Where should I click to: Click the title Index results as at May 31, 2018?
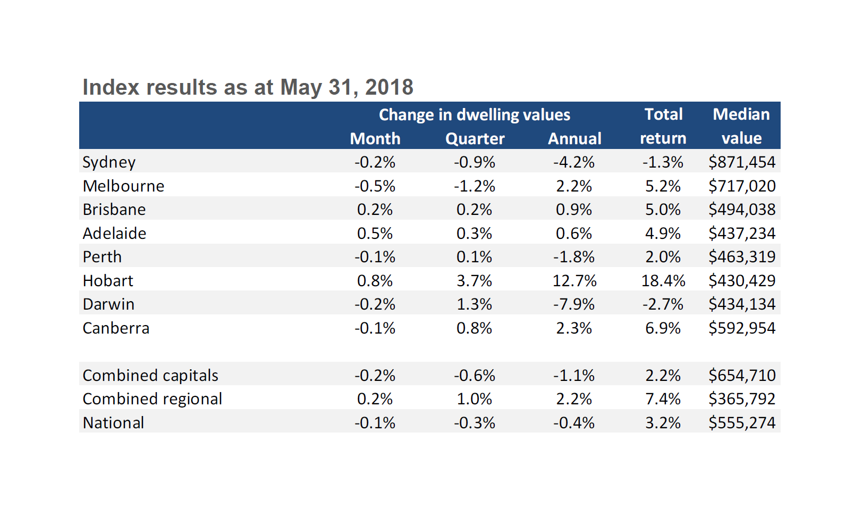[x=248, y=87]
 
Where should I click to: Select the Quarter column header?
[x=475, y=138]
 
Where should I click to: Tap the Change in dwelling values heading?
[x=474, y=115]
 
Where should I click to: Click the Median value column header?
[x=741, y=126]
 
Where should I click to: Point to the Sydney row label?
[x=109, y=162]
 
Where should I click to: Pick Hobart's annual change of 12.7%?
[x=574, y=280]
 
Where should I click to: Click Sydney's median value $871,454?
[x=741, y=162]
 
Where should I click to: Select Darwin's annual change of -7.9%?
[x=574, y=304]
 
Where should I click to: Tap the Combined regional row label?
[x=153, y=399]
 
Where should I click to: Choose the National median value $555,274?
[x=741, y=423]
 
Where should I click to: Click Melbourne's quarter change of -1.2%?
[x=474, y=186]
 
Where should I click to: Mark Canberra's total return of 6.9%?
[x=663, y=328]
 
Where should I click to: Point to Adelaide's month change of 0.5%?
[x=375, y=234]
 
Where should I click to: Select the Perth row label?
[x=102, y=257]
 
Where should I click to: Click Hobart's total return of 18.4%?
[x=663, y=280]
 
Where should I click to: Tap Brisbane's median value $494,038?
[x=741, y=210]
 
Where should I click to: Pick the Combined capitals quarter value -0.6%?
[x=474, y=376]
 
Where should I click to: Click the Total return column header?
[x=663, y=126]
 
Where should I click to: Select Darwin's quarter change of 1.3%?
[x=474, y=304]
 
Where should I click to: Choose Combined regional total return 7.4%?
[x=663, y=399]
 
